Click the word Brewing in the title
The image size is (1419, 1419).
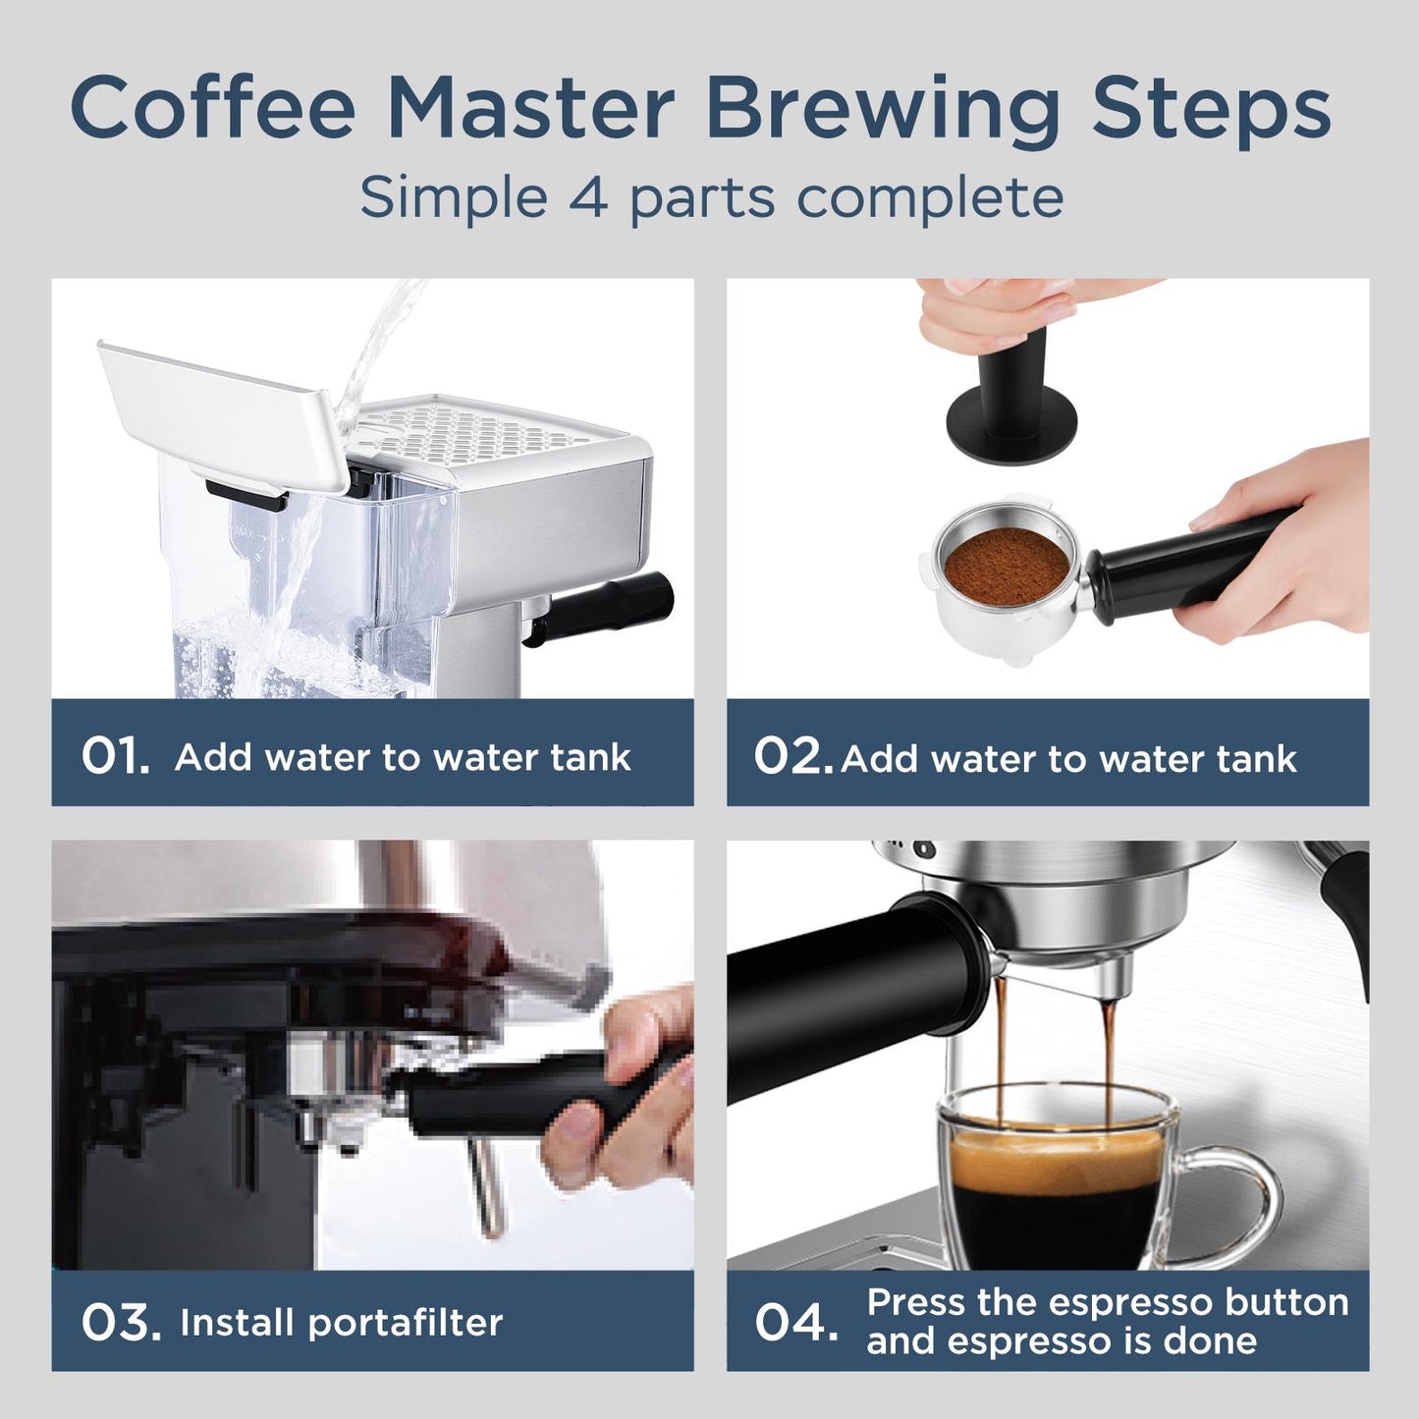click(x=882, y=108)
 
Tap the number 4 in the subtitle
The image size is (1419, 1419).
click(x=587, y=197)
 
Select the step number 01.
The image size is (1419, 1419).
click(x=115, y=757)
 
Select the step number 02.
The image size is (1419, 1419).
click(x=792, y=757)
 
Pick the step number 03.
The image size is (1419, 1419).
click(x=120, y=1323)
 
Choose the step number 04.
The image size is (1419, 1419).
click(x=796, y=1323)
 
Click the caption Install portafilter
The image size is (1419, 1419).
click(x=341, y=1323)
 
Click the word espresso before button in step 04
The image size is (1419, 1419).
click(x=1115, y=1302)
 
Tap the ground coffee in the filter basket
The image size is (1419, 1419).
click(x=1006, y=567)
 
